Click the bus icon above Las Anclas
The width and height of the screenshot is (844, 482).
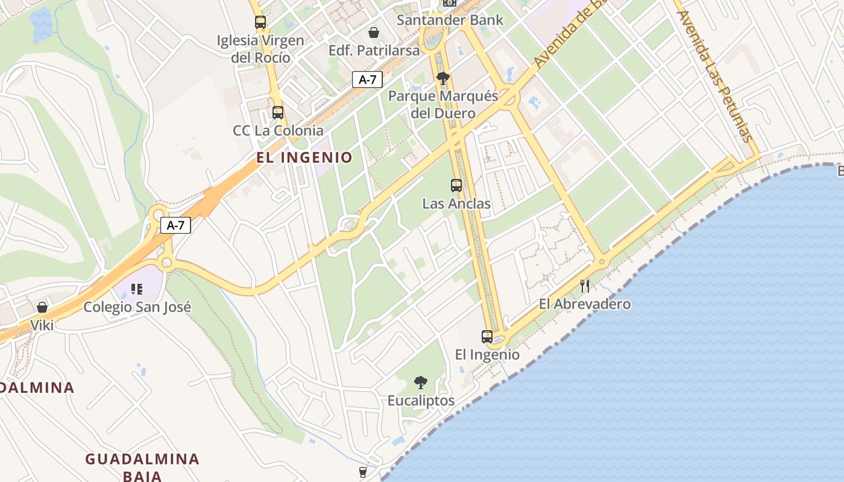coord(456,186)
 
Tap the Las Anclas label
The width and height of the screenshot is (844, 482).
coord(456,204)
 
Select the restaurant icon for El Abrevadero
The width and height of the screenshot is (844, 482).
coord(584,286)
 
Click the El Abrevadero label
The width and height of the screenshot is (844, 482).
coord(585,304)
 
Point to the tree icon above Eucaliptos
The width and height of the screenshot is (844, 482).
coord(421,382)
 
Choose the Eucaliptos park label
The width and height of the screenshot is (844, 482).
coord(421,401)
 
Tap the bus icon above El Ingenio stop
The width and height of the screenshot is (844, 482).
coord(487,337)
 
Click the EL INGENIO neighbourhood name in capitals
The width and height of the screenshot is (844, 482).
coord(304,158)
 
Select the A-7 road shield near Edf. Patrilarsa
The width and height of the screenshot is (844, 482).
coord(367,79)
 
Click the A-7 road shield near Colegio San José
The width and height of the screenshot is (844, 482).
coord(175,225)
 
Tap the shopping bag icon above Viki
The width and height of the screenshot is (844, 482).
coord(42,307)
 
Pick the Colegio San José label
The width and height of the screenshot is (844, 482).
coord(137,307)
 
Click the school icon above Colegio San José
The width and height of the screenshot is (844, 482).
coord(137,289)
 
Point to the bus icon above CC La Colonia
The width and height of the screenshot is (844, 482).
coord(277,112)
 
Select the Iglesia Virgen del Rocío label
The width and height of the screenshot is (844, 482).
coord(261,49)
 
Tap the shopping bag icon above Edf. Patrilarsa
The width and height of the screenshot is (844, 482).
coord(374,32)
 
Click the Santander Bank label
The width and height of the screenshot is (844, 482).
coord(450,20)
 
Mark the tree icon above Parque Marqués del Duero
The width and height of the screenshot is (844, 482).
coord(443,78)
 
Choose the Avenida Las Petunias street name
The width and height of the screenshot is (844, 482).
coord(716,75)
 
